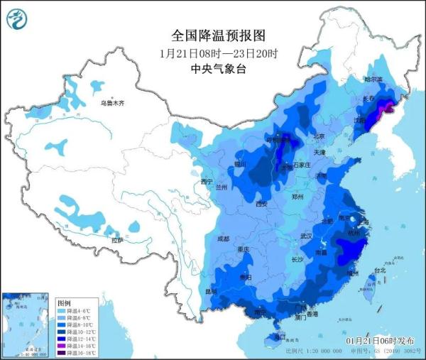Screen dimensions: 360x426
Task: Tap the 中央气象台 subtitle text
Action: click(x=219, y=69)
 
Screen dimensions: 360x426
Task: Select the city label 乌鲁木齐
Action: click(x=112, y=104)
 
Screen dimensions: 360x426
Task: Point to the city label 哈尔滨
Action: click(x=373, y=79)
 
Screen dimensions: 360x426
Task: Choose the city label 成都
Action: click(x=224, y=239)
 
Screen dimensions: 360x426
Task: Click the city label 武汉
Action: click(x=307, y=236)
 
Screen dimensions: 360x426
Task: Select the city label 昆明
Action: click(x=211, y=292)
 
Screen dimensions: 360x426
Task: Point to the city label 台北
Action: click(x=380, y=271)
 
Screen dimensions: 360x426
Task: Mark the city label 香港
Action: click(x=329, y=313)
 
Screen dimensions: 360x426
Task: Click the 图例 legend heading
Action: click(x=63, y=302)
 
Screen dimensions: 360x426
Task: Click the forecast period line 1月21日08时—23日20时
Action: click(x=219, y=53)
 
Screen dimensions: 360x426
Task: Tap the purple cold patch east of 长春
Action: click(x=388, y=108)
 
